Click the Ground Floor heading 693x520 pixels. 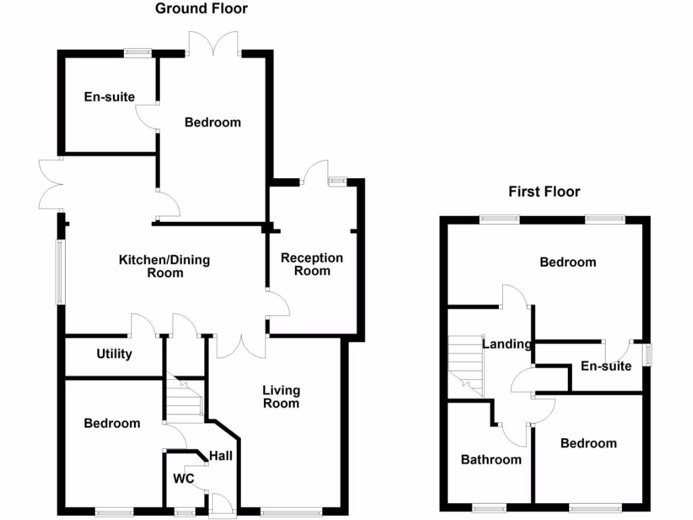click(201, 9)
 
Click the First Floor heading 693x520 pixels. click(544, 192)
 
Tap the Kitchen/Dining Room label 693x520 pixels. click(164, 266)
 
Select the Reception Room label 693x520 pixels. click(312, 264)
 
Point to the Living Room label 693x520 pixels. click(281, 397)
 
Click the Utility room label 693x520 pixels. click(114, 354)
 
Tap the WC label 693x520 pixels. click(184, 479)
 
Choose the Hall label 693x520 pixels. click(221, 456)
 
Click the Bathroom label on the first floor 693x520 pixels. click(491, 460)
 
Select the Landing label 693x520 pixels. click(507, 344)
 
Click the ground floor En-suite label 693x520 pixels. click(109, 97)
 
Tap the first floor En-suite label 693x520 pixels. click(606, 366)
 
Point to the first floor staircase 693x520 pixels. click(466, 366)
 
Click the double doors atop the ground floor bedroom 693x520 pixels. click(214, 45)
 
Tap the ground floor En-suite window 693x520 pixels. click(138, 52)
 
